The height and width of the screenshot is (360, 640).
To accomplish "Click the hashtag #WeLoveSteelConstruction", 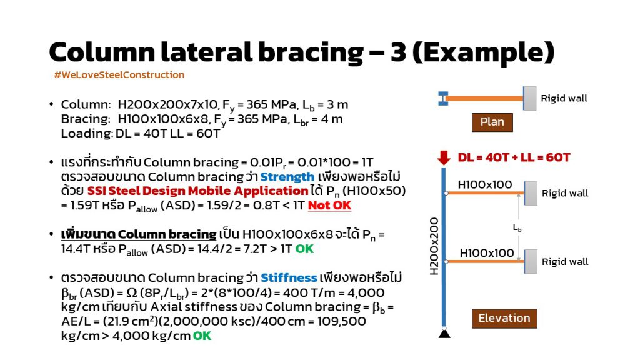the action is (x=119, y=75).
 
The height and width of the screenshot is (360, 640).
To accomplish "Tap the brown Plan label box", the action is (x=492, y=122).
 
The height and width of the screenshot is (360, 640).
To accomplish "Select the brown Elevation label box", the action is (x=504, y=318).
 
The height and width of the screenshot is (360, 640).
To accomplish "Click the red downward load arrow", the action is (x=444, y=157).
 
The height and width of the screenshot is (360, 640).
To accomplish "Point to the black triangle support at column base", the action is (x=444, y=334).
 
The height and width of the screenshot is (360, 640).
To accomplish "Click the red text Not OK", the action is (x=329, y=205).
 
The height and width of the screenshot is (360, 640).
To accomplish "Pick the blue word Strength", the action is (x=287, y=177).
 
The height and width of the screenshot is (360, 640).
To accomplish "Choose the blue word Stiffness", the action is (x=289, y=278).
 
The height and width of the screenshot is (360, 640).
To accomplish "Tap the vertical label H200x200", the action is (x=434, y=246).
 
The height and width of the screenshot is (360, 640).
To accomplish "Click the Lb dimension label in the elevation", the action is (x=517, y=227).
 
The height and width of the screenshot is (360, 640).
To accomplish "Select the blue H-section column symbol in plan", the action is (x=443, y=98).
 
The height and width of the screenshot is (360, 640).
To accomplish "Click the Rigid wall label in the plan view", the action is (x=564, y=98).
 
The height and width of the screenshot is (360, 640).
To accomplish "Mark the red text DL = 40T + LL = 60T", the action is (x=514, y=157).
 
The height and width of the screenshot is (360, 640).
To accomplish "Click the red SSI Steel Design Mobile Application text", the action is (x=197, y=191).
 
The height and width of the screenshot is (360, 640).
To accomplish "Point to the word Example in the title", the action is (x=484, y=52).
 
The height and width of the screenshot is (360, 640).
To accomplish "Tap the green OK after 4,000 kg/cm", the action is (x=202, y=336).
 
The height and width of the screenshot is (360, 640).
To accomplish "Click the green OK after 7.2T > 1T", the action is (x=304, y=249).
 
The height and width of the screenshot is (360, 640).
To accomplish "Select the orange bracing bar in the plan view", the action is (x=485, y=98).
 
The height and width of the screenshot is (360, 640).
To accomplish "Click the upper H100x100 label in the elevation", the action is (x=485, y=185).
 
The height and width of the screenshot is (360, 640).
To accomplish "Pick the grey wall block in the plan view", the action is (x=530, y=98).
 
